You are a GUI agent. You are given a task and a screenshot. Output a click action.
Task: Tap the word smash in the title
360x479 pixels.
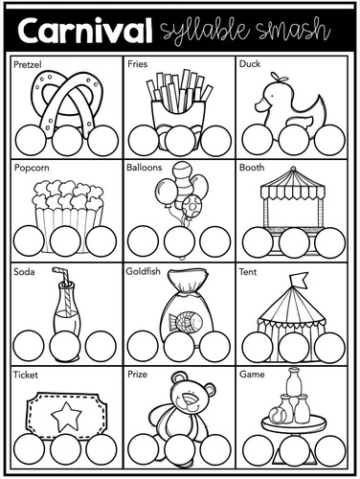(297, 30)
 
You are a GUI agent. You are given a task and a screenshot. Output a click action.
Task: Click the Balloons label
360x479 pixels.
(145, 168)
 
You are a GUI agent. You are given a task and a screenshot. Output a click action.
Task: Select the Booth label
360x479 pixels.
(252, 168)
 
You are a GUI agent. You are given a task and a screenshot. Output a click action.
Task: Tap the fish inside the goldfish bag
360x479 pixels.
(184, 320)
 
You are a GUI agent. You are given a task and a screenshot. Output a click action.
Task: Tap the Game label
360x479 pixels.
(252, 375)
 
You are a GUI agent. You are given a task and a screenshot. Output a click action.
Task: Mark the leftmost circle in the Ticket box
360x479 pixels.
(30, 445)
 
